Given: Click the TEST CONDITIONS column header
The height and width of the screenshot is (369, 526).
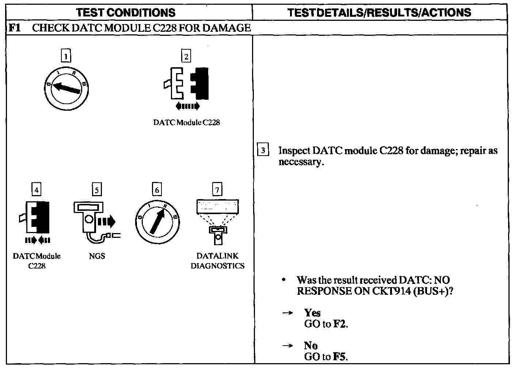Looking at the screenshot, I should [x=126, y=12].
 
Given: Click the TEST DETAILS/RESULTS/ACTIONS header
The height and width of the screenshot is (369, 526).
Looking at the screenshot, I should [x=379, y=12].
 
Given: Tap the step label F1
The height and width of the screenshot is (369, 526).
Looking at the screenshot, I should [x=14, y=28].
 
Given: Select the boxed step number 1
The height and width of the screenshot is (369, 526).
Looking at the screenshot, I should [x=66, y=56].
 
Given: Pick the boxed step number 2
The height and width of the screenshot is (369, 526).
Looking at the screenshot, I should [x=186, y=56].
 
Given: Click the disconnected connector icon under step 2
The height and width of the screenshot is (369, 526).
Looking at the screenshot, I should [x=186, y=83].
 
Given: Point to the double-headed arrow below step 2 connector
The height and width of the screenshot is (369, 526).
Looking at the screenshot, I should [x=187, y=106].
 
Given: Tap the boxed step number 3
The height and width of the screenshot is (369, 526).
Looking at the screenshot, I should [x=263, y=151].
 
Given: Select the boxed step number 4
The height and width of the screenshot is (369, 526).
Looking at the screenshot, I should [x=36, y=190].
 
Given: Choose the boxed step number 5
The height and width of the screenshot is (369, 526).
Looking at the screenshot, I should [x=96, y=190].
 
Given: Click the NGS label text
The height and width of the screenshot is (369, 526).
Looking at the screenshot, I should [x=97, y=256].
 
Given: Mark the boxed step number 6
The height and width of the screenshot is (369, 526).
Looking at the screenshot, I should [x=157, y=190].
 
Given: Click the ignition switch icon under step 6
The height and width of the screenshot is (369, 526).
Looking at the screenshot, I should [x=157, y=221].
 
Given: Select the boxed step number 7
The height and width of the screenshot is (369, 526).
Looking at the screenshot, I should [x=217, y=190].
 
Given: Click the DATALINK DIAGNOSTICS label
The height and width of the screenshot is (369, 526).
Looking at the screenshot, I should [x=217, y=261].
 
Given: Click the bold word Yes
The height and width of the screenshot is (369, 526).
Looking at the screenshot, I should [x=312, y=313].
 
